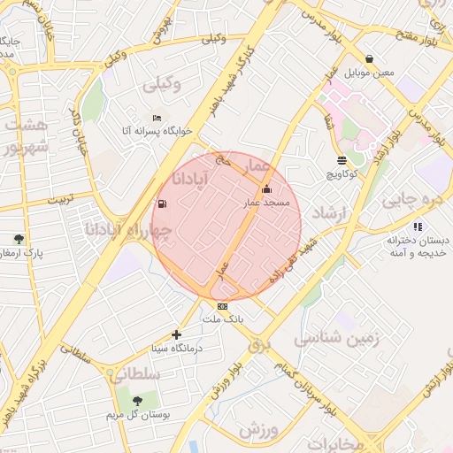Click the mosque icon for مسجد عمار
pos(267,189)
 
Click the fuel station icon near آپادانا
pos(161,204)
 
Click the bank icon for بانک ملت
pos(222,306)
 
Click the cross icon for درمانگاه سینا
pos(177,334)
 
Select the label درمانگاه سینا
pos(177,348)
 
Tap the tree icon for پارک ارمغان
pos(19,239)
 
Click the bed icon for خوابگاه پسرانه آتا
pos(157,119)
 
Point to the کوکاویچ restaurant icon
pos(342,161)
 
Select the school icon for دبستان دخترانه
pos(417,226)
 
